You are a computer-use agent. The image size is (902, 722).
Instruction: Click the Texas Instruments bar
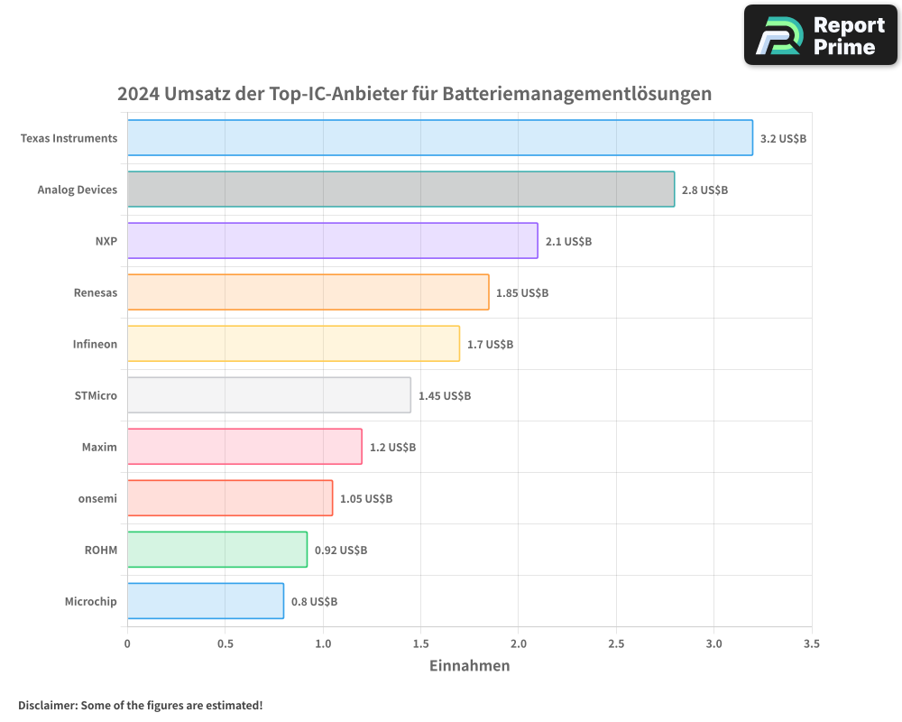(439, 138)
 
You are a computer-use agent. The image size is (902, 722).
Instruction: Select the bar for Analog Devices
(400, 190)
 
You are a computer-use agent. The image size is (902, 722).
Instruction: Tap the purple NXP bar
(332, 241)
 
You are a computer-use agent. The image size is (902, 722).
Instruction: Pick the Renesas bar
(308, 292)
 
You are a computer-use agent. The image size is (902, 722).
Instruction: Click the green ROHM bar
(216, 550)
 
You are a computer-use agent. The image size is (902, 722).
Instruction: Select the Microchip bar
(205, 601)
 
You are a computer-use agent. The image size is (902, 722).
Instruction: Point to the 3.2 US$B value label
(783, 138)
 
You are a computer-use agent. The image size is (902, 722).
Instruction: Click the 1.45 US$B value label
(445, 395)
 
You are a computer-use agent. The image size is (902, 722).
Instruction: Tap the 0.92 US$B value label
(341, 550)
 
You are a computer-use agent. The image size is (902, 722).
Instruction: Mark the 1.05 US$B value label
(366, 498)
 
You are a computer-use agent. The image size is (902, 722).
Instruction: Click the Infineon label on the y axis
(95, 344)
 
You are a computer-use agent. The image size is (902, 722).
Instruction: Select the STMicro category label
(96, 395)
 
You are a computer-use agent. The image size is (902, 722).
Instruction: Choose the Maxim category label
(99, 447)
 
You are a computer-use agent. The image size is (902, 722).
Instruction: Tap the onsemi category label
(97, 498)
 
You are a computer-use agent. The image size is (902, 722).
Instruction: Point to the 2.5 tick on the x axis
(616, 644)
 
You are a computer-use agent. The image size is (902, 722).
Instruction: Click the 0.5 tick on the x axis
(225, 644)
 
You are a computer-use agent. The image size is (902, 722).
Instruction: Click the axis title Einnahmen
(469, 666)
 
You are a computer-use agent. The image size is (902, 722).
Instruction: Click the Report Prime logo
(821, 35)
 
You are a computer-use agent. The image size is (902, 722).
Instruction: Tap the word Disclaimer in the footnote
(46, 705)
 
